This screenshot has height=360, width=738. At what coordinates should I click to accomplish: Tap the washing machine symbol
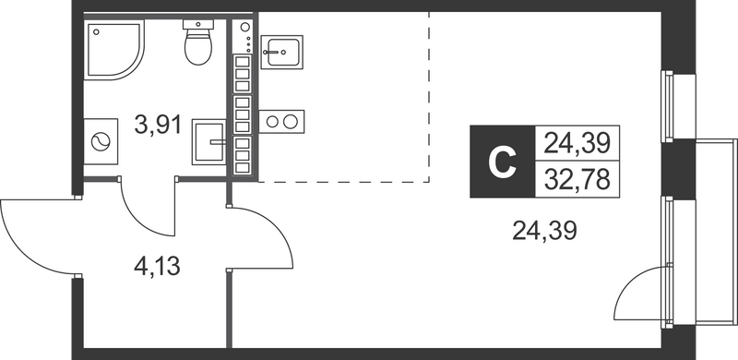coord(99,142)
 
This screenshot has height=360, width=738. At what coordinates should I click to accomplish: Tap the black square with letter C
coord(501,162)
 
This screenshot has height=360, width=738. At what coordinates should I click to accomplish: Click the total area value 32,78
coord(579,179)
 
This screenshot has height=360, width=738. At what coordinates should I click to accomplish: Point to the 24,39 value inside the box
coord(579,144)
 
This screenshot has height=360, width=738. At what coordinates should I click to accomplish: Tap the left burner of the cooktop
coord(274,121)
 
